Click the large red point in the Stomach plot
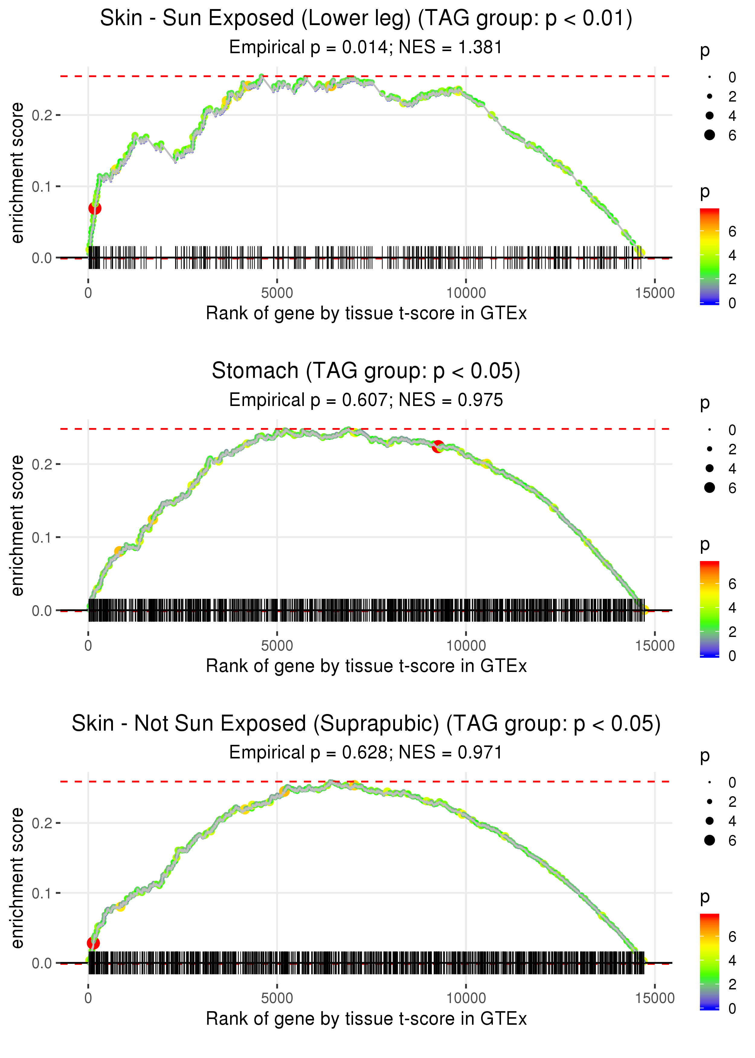pyautogui.click(x=438, y=447)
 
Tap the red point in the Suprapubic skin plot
pyautogui.click(x=93, y=943)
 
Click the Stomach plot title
pyautogui.click(x=366, y=371)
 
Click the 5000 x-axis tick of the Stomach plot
pyautogui.click(x=277, y=645)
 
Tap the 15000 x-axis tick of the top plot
pyautogui.click(x=654, y=293)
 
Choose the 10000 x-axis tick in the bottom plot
pyautogui.click(x=466, y=998)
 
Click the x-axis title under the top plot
pyautogui.click(x=366, y=313)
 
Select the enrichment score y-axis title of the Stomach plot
pyautogui.click(x=17, y=525)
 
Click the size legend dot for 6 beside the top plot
pyautogui.click(x=709, y=135)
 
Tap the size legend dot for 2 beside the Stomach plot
pyautogui.click(x=709, y=449)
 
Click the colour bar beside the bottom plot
pyautogui.click(x=709, y=960)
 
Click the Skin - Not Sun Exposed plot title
pyautogui.click(x=366, y=723)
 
